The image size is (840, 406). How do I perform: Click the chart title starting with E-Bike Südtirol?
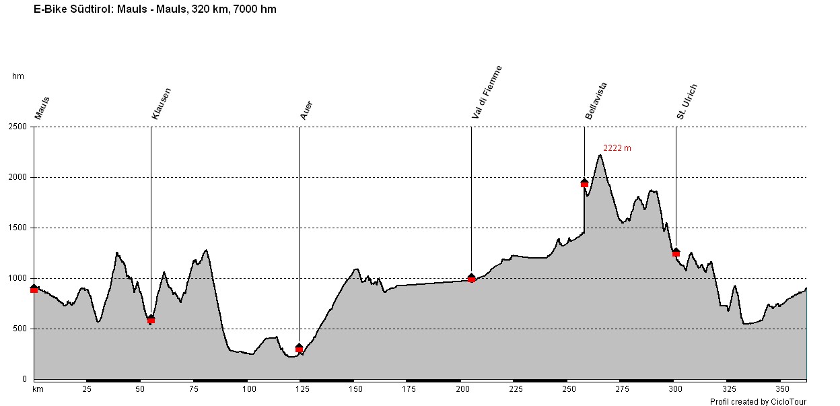click(155, 9)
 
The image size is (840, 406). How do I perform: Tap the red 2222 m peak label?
click(617, 148)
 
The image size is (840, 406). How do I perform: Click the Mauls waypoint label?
click(42, 108)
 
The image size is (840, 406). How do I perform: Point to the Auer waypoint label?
click(306, 110)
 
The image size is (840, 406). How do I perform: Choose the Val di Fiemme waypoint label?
click(487, 93)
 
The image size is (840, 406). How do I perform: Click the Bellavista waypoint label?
click(596, 101)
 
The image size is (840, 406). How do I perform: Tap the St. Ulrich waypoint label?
click(687, 102)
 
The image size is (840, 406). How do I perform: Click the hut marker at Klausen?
click(151, 319)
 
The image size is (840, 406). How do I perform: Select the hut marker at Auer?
click(299, 348)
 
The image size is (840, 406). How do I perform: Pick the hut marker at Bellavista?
click(584, 182)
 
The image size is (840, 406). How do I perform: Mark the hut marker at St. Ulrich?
click(676, 252)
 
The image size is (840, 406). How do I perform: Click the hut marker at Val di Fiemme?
click(471, 277)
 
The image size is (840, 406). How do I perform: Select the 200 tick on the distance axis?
click(462, 389)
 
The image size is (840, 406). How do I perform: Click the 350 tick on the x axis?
click(782, 389)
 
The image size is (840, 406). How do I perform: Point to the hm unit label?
click(18, 76)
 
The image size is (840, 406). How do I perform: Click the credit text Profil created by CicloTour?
click(758, 401)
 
